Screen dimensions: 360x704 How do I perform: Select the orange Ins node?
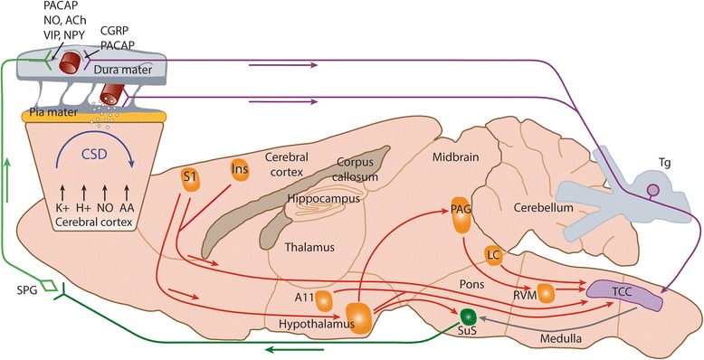(239, 169)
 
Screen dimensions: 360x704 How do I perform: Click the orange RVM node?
(546, 293)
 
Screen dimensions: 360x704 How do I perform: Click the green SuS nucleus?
(468, 316)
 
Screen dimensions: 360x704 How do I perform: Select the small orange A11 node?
(324, 299)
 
